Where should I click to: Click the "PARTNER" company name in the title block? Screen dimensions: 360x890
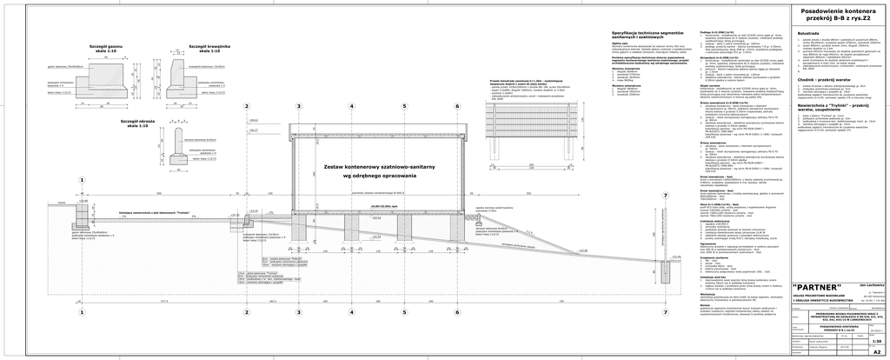tap(818, 287)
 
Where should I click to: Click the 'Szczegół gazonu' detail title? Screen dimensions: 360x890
tap(110, 46)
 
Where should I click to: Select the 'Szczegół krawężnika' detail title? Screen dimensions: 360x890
tap(209, 46)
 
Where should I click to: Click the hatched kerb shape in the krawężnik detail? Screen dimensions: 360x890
tap(189, 83)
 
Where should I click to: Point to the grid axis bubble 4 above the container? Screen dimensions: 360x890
tap(327, 106)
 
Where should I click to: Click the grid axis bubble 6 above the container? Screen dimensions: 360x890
tap(432, 106)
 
